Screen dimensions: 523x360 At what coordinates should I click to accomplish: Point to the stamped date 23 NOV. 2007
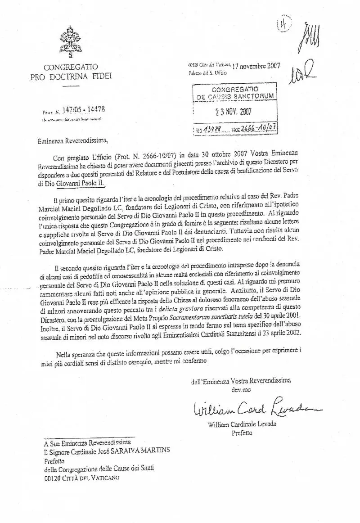click(234, 111)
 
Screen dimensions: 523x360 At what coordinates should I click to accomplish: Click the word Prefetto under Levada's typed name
click(242, 433)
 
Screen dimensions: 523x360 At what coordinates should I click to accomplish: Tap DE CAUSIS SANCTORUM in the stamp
click(234, 96)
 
